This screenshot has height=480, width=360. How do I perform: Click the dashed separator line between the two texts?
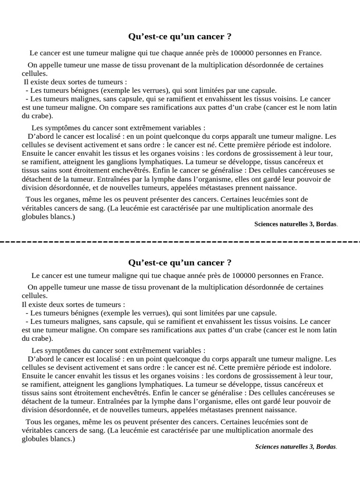(x=180, y=242)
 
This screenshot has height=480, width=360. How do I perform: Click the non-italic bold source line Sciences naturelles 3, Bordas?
(x=295, y=224)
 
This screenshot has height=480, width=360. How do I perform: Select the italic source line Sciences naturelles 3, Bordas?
(x=296, y=446)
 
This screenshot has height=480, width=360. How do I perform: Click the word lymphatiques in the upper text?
(x=145, y=162)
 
